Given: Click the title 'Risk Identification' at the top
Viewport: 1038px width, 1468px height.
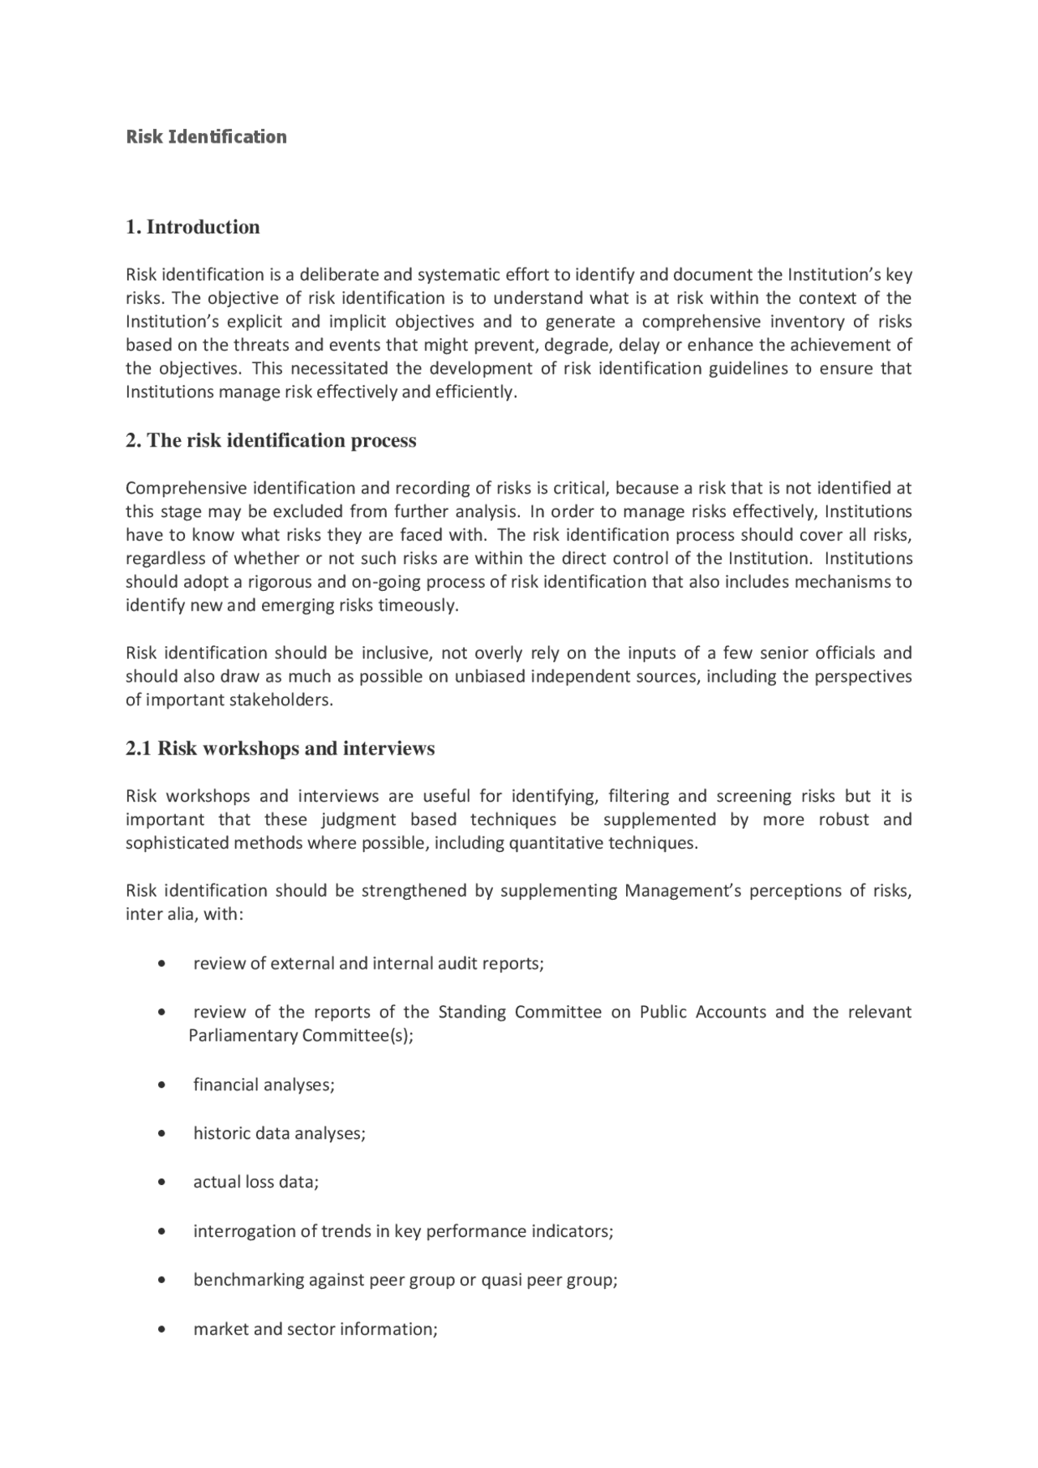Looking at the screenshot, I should click(206, 137).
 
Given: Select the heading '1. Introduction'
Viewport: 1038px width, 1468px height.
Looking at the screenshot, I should click(193, 227).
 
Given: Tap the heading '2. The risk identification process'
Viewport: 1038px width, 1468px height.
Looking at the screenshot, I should click(271, 441).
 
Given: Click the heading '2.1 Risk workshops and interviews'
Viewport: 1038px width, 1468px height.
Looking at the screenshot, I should click(280, 748).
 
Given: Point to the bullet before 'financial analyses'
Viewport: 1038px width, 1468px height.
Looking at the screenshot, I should click(164, 1085).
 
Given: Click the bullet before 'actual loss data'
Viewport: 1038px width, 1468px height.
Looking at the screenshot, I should click(164, 1183).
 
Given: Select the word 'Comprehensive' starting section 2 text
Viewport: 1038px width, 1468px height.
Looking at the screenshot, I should click(186, 488).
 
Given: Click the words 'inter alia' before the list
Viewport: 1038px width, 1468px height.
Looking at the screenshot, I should click(156, 914).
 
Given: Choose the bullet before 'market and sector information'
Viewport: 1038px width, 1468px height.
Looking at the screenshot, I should click(164, 1330).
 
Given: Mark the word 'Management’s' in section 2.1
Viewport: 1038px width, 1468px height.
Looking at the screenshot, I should click(681, 891).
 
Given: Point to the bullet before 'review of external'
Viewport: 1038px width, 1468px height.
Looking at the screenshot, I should click(164, 964).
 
